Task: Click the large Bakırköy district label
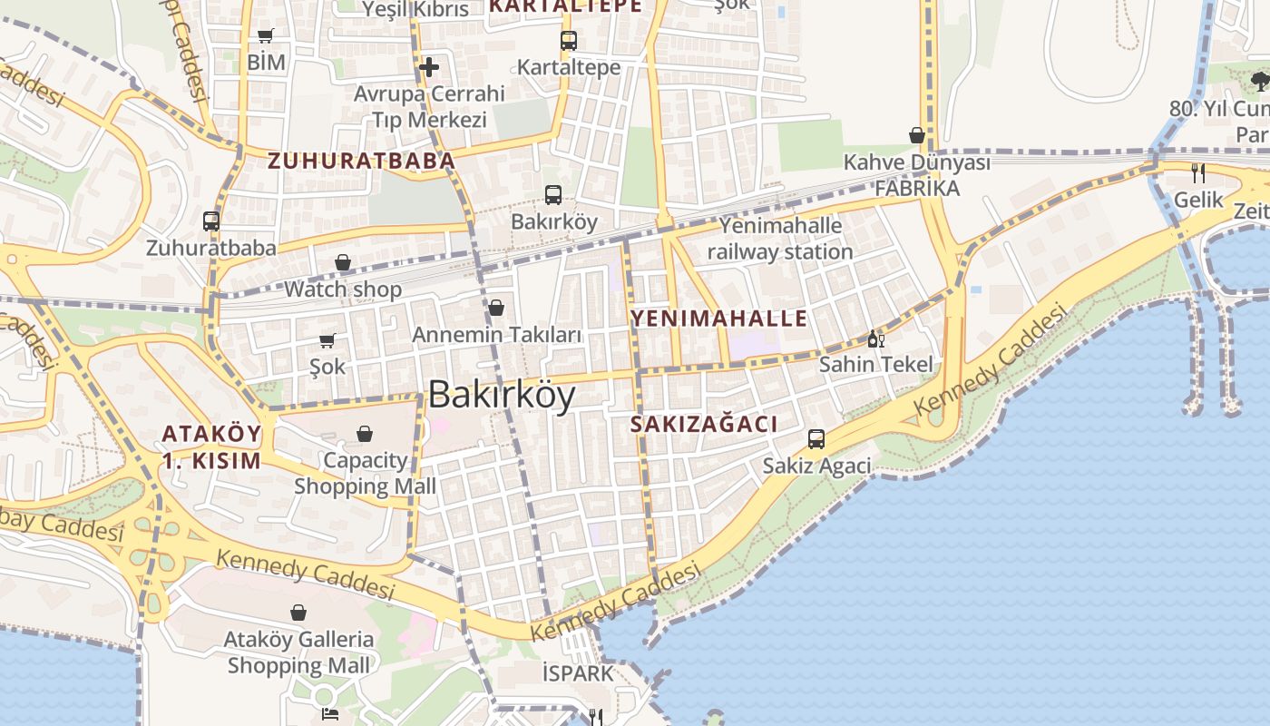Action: [x=501, y=395]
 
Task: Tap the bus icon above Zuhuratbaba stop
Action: [x=211, y=221]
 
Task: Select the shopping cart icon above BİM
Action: [x=265, y=36]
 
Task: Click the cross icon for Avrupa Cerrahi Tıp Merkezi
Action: [x=428, y=66]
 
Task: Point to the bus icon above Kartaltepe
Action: [x=568, y=41]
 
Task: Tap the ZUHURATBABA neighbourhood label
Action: [x=360, y=162]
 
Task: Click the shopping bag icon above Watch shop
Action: [x=343, y=263]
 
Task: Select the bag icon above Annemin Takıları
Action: [x=496, y=309]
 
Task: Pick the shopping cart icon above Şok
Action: [x=327, y=340]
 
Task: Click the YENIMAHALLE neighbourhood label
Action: [x=718, y=318]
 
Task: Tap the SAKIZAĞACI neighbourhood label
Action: [x=704, y=424]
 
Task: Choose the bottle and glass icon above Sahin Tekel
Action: [x=875, y=339]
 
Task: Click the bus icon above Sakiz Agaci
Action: [x=816, y=439]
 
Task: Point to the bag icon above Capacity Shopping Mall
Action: [x=365, y=434]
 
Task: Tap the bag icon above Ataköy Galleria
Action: [x=298, y=613]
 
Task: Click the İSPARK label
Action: [x=578, y=673]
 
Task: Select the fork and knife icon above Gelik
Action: [x=1198, y=173]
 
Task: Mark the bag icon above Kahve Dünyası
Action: [x=917, y=136]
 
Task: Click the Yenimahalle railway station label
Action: [x=780, y=238]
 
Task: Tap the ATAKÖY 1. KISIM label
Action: [x=211, y=446]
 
